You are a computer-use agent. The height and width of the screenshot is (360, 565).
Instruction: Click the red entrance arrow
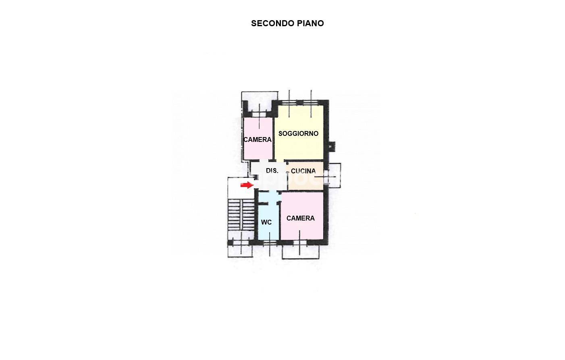tap(247, 185)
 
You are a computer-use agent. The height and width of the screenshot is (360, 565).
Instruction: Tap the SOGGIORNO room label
tap(298, 133)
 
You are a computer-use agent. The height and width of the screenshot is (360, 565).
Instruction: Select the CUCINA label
tap(303, 171)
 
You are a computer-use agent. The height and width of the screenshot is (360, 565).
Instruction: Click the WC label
tap(266, 222)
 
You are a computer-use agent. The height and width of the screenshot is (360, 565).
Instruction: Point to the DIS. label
tap(272, 171)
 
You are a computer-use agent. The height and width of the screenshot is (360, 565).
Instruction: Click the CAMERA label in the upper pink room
tap(257, 139)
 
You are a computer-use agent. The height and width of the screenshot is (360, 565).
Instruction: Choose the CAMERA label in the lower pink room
tap(300, 218)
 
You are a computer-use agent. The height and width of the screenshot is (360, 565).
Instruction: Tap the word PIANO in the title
tap(310, 23)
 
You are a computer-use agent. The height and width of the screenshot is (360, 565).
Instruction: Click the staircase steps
tap(241, 214)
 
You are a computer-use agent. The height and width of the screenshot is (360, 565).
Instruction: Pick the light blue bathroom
tap(268, 216)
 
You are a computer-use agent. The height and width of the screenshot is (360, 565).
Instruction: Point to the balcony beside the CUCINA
tap(335, 176)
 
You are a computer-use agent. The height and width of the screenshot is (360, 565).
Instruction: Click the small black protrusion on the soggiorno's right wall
tap(332, 146)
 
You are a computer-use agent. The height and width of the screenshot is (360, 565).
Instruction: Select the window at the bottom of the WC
tap(270, 242)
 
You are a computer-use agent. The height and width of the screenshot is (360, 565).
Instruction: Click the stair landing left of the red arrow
tap(241, 188)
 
